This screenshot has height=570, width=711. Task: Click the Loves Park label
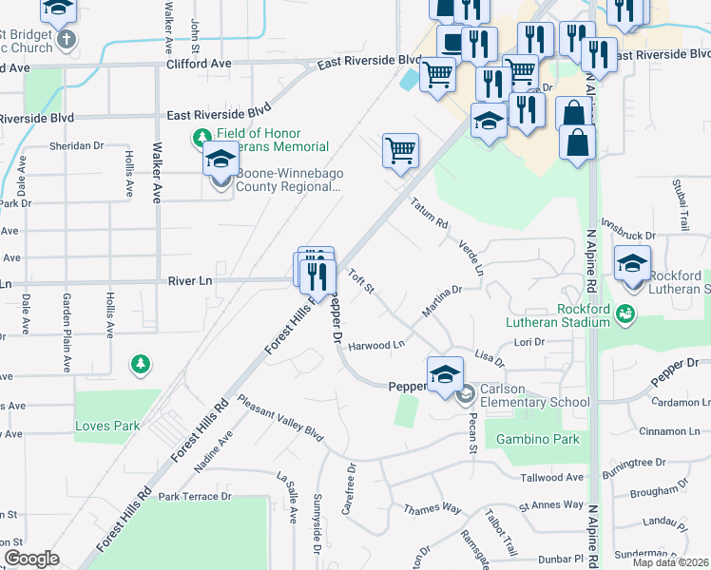(x=107, y=426)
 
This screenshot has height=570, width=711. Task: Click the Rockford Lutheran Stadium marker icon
(x=625, y=313)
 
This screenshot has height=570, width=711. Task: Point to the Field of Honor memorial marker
(x=202, y=139)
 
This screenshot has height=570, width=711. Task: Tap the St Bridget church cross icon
(x=66, y=40)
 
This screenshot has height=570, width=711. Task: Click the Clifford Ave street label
(x=199, y=64)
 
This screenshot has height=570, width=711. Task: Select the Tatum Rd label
(x=430, y=215)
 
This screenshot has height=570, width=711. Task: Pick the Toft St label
(x=362, y=282)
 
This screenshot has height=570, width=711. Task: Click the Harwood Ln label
(x=376, y=345)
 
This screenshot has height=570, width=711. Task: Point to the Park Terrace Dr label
(x=195, y=496)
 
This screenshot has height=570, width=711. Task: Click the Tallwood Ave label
(x=552, y=477)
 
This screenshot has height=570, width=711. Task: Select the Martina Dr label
(x=441, y=303)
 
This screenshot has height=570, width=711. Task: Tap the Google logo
(x=31, y=559)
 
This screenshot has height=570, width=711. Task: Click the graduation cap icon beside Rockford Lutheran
(x=632, y=263)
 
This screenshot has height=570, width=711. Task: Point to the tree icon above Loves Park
(x=141, y=364)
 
